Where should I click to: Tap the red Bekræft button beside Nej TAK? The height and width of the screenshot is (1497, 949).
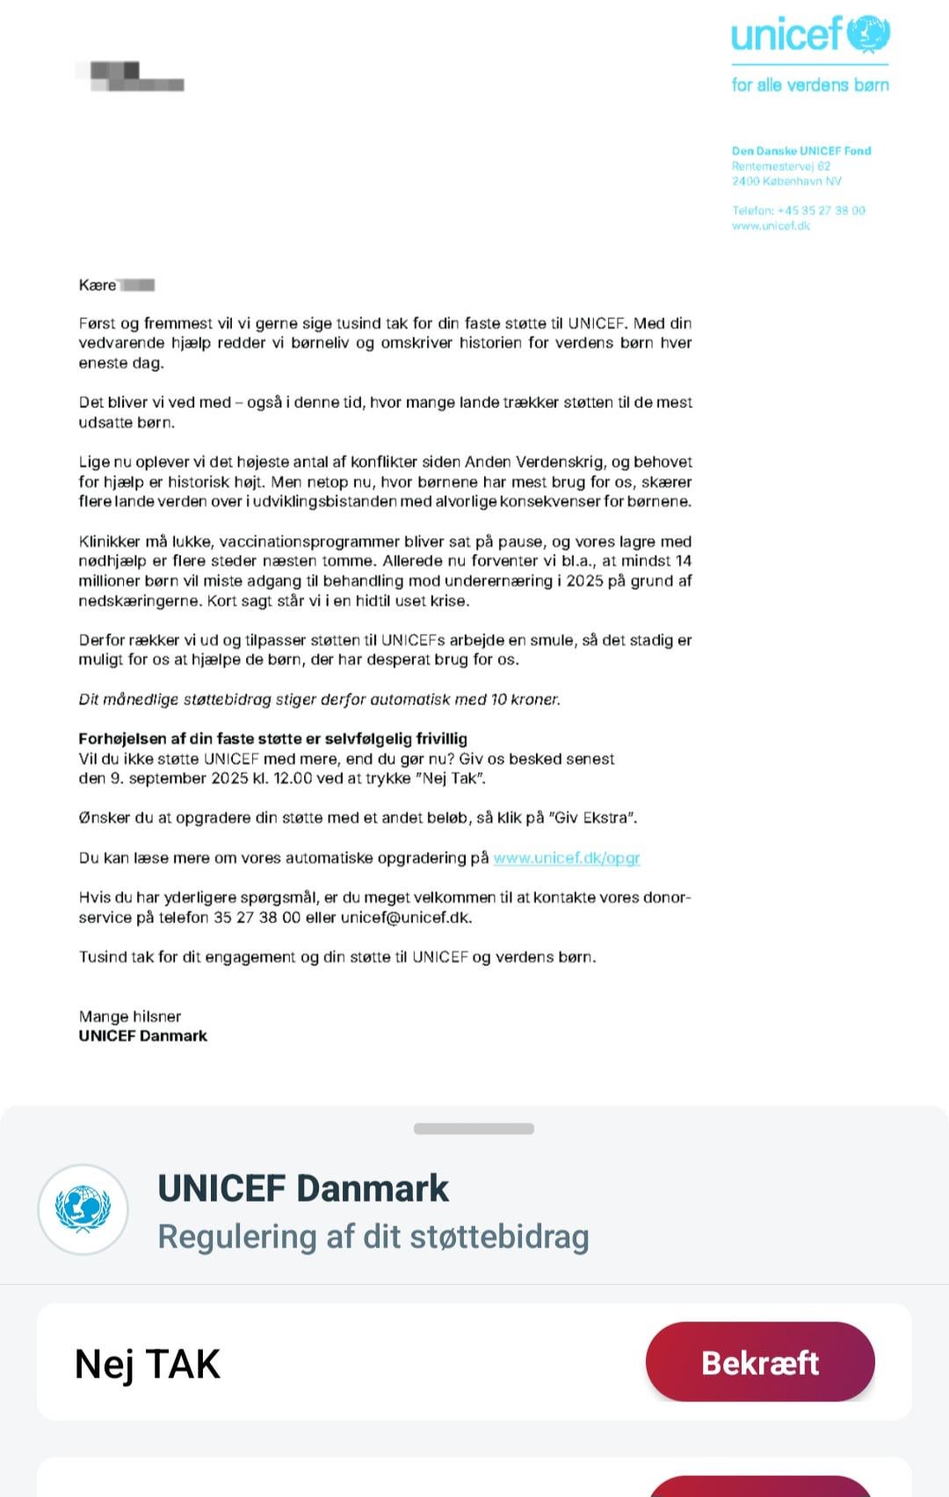pyautogui.click(x=760, y=1362)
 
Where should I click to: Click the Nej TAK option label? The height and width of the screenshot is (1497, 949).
pyautogui.click(x=148, y=1364)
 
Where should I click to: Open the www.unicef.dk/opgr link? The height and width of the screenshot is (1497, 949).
pyautogui.click(x=567, y=858)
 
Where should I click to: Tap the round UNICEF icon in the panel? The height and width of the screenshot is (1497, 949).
pyautogui.click(x=83, y=1210)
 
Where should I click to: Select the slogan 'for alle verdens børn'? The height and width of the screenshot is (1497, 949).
pyautogui.click(x=810, y=85)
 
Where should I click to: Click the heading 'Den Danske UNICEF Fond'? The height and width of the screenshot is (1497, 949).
pyautogui.click(x=801, y=151)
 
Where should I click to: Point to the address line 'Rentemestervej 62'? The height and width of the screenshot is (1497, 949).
pyautogui.click(x=781, y=166)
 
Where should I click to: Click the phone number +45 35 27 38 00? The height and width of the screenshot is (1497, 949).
pyautogui.click(x=821, y=211)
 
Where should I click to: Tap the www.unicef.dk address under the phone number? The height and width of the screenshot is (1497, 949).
pyautogui.click(x=771, y=226)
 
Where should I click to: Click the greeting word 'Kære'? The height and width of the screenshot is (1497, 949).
pyautogui.click(x=98, y=285)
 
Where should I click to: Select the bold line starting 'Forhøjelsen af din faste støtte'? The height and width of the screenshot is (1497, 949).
pyautogui.click(x=272, y=738)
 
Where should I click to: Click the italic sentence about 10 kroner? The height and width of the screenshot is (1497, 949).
pyautogui.click(x=319, y=700)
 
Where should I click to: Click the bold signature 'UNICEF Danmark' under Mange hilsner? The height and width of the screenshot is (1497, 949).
pyautogui.click(x=143, y=1036)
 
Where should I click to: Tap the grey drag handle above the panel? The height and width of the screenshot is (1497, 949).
pyautogui.click(x=474, y=1129)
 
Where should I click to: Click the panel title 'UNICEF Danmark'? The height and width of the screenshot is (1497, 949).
pyautogui.click(x=303, y=1188)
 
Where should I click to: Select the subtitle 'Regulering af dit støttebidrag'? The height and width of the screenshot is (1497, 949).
pyautogui.click(x=373, y=1237)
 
